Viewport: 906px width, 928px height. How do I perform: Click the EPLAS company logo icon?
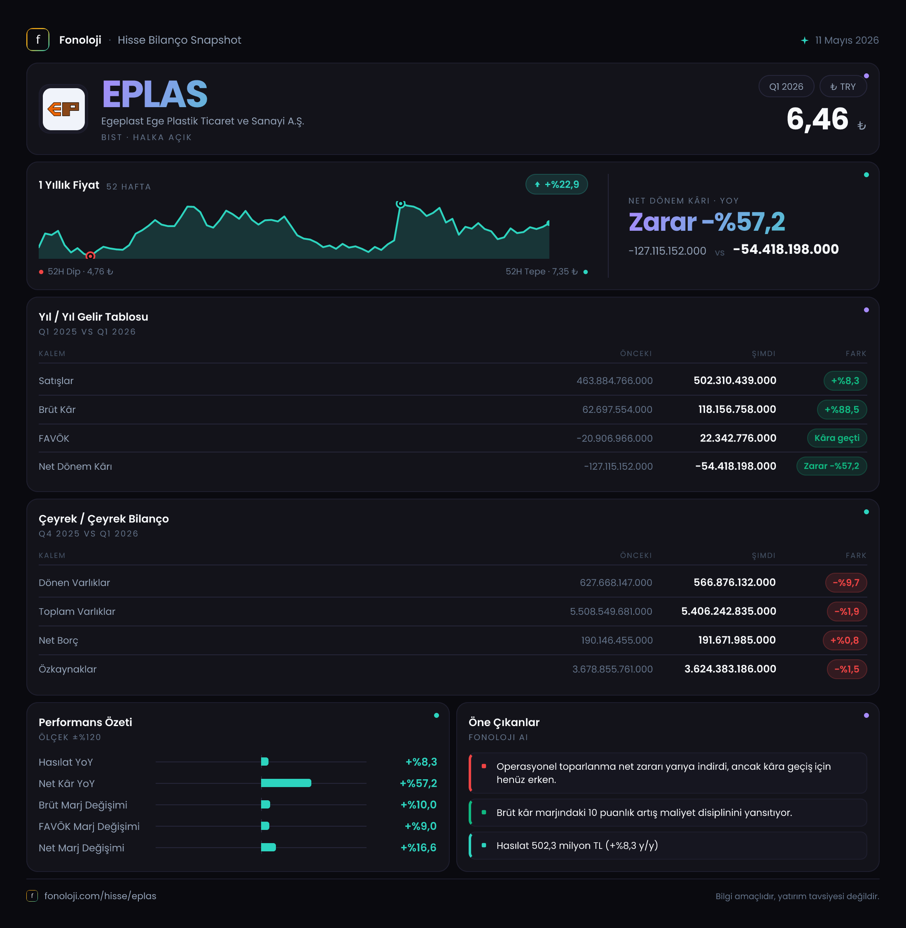click(64, 109)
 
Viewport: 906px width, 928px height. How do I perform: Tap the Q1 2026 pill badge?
click(786, 87)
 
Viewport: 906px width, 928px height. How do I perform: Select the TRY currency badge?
click(843, 87)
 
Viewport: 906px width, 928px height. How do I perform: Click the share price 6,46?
click(817, 119)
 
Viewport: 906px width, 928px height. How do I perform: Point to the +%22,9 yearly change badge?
click(556, 184)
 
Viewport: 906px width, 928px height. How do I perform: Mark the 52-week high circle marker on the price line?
click(401, 204)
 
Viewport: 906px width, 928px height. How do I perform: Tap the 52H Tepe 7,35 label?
click(542, 272)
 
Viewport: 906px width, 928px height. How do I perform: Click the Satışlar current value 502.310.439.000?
click(735, 380)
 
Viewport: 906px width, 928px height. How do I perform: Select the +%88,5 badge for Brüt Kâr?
click(842, 410)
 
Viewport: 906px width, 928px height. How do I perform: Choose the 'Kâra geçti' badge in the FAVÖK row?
click(836, 438)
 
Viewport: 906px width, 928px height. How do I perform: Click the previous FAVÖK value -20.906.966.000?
click(614, 438)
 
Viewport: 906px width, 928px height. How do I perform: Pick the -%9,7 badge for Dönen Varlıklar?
click(845, 583)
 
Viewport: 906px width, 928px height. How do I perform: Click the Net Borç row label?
click(58, 640)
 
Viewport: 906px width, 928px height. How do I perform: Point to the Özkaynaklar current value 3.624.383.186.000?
click(730, 669)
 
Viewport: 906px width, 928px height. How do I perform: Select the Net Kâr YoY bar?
click(286, 783)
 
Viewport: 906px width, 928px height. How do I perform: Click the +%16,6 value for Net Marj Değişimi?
click(418, 848)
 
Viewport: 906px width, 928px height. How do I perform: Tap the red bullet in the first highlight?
click(484, 766)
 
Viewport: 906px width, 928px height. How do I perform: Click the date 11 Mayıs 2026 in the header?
click(847, 40)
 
